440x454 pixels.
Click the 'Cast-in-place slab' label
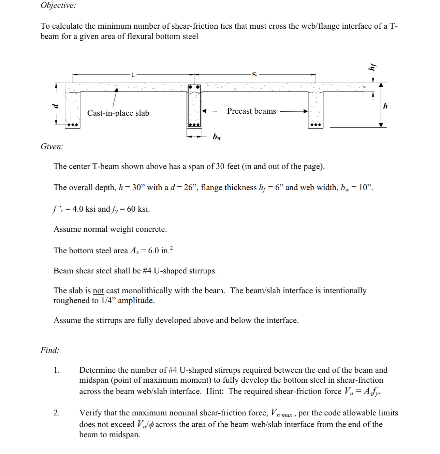click(118, 113)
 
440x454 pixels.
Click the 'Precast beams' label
click(251, 111)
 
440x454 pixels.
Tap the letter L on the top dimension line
click(133, 74)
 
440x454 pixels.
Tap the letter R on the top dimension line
click(254, 74)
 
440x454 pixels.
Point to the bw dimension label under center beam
click(217, 137)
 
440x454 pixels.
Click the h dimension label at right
click(385, 106)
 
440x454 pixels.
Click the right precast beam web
click(316, 109)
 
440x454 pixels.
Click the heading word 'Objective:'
click(58, 5)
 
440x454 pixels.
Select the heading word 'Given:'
click(52, 146)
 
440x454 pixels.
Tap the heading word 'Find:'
click(50, 350)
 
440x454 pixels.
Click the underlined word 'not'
click(98, 291)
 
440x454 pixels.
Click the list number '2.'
click(57, 413)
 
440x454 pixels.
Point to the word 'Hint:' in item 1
click(215, 391)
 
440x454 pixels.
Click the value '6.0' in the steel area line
click(153, 251)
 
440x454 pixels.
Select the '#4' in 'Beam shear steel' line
click(147, 271)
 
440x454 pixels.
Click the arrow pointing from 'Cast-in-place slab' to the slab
click(115, 97)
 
